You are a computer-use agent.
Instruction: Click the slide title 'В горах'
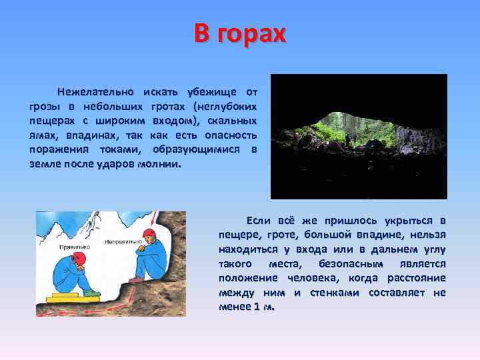(240, 33)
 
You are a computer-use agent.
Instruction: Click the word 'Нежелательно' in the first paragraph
(95, 91)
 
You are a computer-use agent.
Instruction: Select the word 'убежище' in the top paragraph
(198, 91)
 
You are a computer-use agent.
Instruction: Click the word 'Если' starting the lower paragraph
(258, 220)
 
